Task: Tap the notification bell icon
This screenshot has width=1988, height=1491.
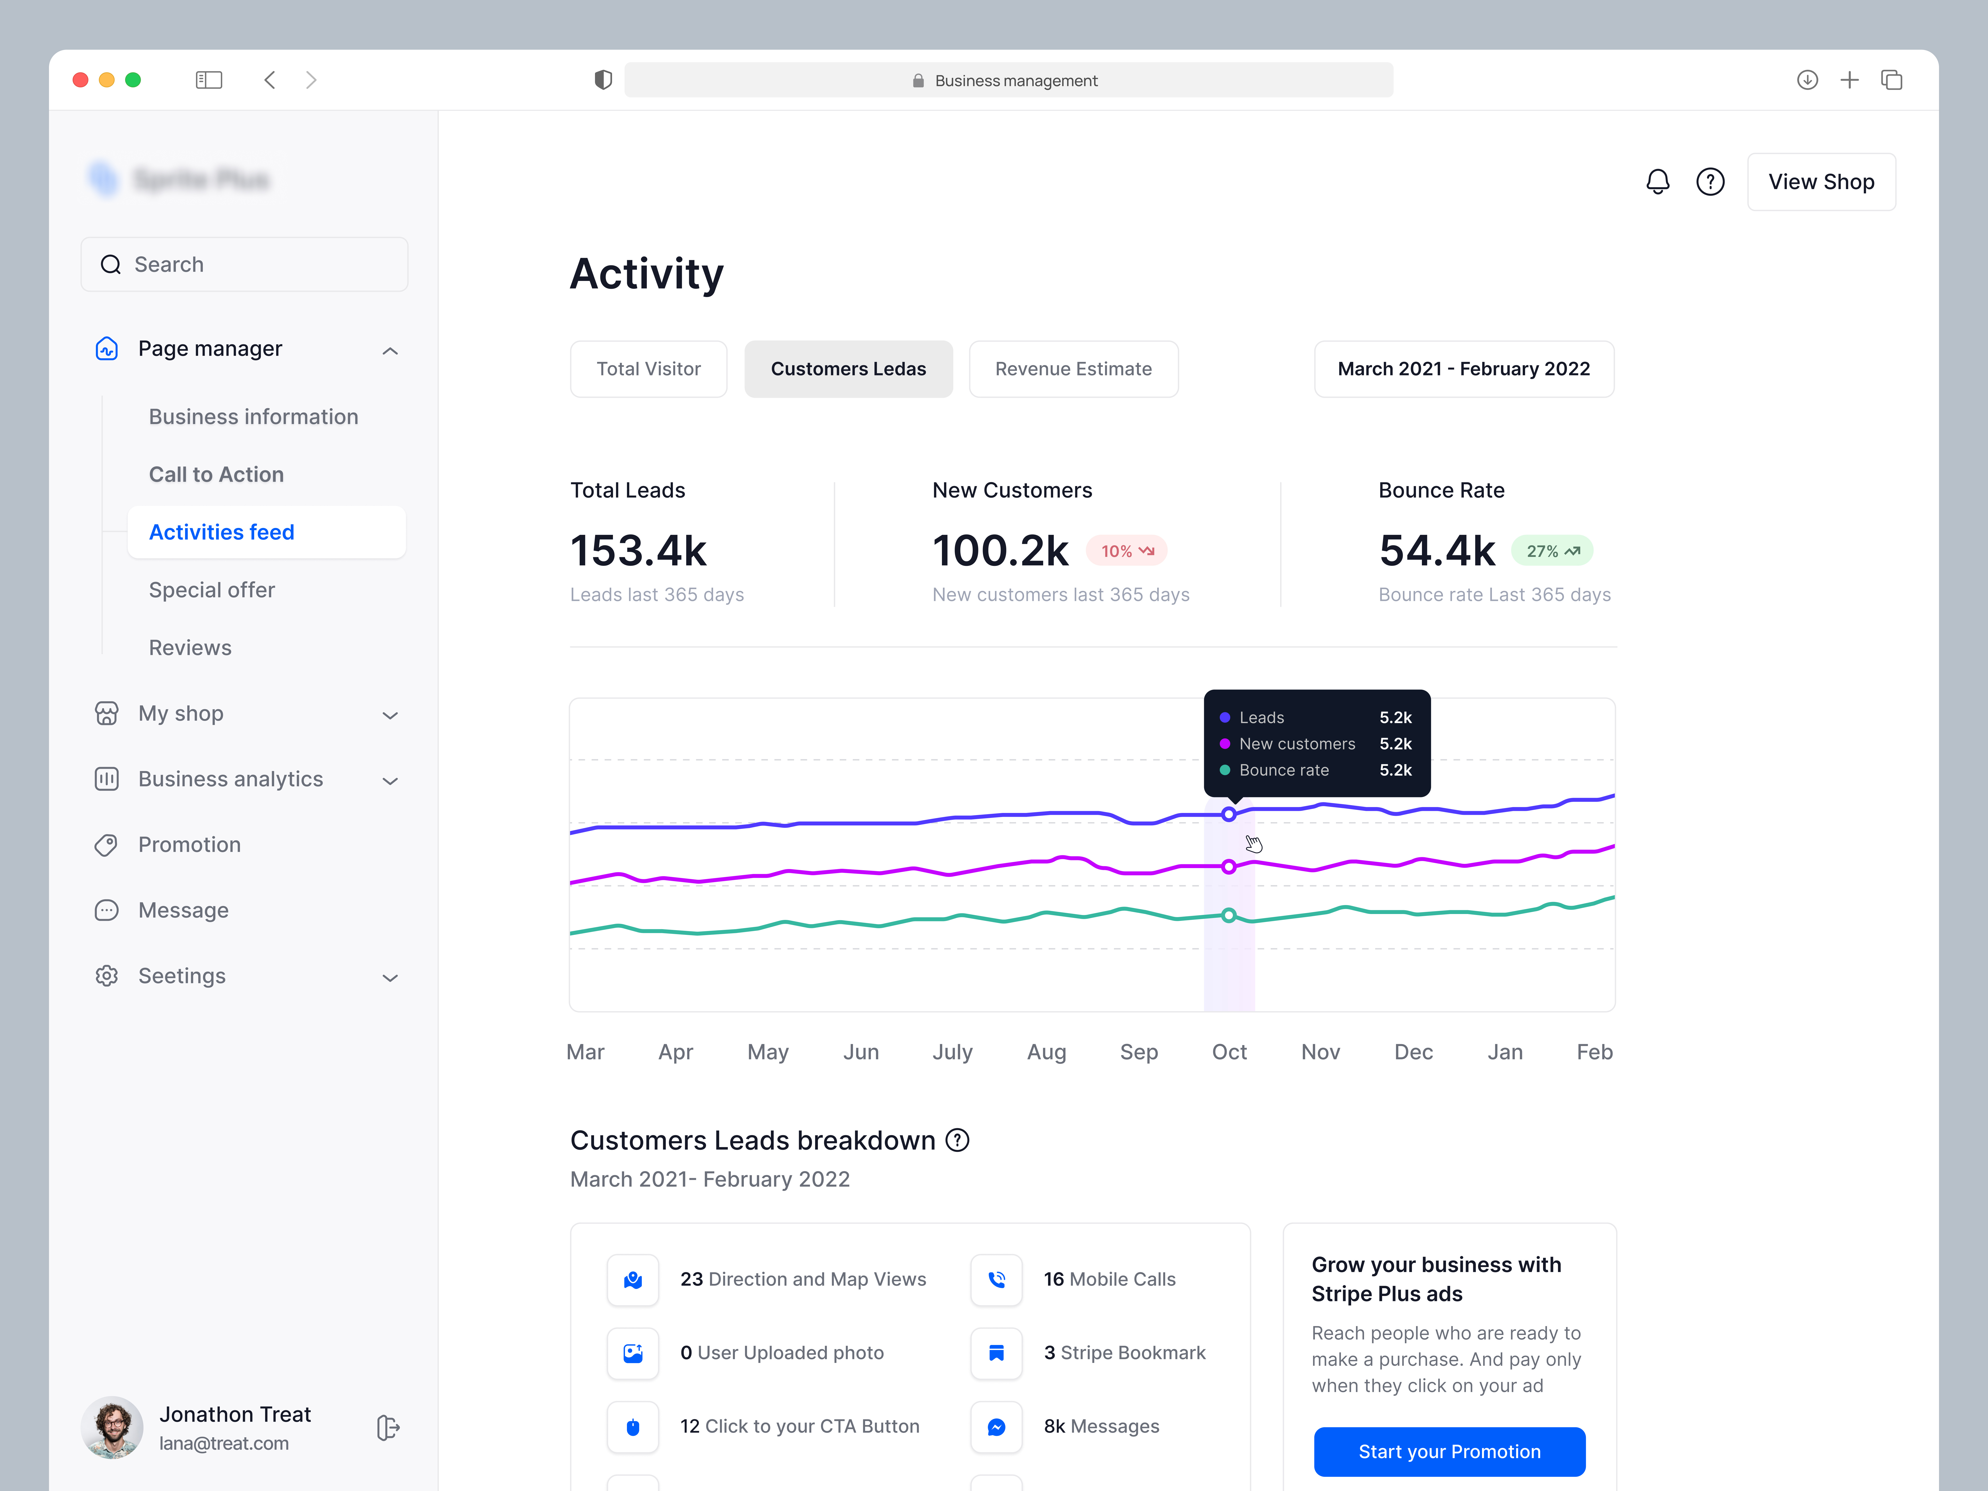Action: (x=1657, y=182)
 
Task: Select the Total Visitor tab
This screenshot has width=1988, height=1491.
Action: (x=648, y=368)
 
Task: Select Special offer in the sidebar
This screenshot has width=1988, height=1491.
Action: (x=212, y=590)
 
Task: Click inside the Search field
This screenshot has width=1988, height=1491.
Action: (x=244, y=264)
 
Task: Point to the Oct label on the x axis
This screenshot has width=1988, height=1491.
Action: (x=1229, y=1052)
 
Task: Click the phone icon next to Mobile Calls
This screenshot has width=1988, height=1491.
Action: (x=996, y=1279)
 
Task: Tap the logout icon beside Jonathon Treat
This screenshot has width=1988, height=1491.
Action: (x=387, y=1427)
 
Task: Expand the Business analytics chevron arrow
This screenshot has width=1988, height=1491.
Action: (x=390, y=780)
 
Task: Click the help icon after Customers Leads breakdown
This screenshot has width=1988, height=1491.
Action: (x=958, y=1140)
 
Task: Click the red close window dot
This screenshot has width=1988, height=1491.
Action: (x=80, y=80)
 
